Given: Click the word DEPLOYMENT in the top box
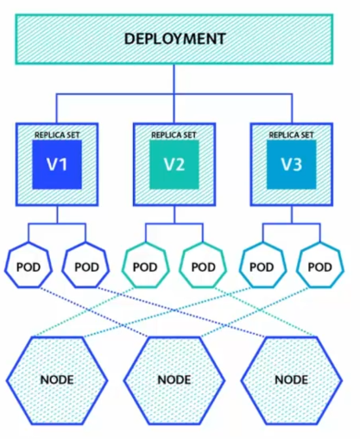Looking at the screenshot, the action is point(174,39).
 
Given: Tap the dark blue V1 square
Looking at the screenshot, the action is point(57,165).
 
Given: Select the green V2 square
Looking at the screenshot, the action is point(174,165).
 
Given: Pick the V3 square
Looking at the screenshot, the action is point(292,165).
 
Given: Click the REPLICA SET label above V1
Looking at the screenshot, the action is point(57,135).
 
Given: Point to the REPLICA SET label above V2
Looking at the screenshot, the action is point(174,135).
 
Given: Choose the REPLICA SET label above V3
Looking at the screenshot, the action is point(291,135).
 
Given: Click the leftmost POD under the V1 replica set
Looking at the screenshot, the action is point(28,267).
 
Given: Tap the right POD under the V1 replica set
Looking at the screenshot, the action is point(86,267).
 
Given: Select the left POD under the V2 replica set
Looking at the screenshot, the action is point(145,267).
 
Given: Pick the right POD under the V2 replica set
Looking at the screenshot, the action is point(203,267).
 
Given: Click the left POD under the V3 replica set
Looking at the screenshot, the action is point(262,267).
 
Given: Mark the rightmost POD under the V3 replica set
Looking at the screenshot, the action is point(320,267).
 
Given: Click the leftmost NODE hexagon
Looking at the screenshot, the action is point(57,380).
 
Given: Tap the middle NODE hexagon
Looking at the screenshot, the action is point(174,380).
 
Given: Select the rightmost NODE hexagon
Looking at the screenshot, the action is point(292,380).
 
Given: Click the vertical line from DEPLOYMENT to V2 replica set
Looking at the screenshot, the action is point(174,94).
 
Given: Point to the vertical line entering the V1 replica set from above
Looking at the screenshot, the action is point(56,109).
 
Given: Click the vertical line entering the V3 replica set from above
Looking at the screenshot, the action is point(292,109).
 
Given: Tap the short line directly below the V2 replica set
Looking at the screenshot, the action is point(174,215).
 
